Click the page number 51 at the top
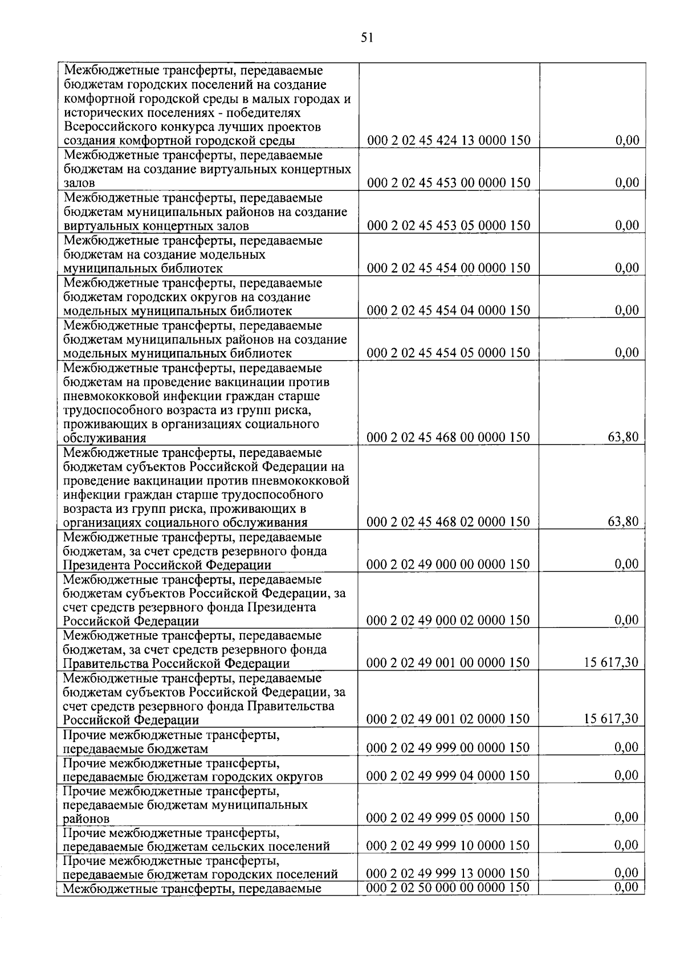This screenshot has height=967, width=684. (x=367, y=38)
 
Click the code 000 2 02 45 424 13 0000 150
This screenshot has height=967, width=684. (x=449, y=140)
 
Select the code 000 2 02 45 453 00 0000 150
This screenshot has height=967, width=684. (x=449, y=183)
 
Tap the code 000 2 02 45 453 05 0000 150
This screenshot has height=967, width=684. (x=449, y=225)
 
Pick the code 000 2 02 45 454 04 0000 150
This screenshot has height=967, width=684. (x=449, y=311)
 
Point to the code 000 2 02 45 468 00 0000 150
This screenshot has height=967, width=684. (x=449, y=438)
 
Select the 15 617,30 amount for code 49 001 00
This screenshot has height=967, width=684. (x=611, y=663)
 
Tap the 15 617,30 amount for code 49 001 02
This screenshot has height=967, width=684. (x=611, y=719)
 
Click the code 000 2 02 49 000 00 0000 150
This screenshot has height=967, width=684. (x=449, y=565)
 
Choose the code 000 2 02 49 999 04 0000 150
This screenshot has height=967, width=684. (x=449, y=776)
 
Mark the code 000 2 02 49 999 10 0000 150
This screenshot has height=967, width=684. (x=449, y=846)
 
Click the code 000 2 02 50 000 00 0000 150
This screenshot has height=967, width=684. (x=449, y=887)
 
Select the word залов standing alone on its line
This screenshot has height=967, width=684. (x=79, y=183)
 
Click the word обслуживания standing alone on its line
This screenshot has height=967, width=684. (x=104, y=438)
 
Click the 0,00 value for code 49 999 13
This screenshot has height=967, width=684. (x=627, y=873)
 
